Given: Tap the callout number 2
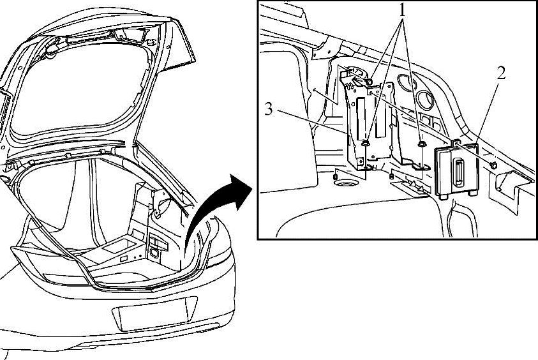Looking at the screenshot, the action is coord(500,73).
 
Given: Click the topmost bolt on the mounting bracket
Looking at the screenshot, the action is coord(370,81).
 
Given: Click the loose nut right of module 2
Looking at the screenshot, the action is coord(493,165).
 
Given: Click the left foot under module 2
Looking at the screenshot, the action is coord(441,194).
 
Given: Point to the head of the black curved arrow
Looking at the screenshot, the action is coord(245,184).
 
